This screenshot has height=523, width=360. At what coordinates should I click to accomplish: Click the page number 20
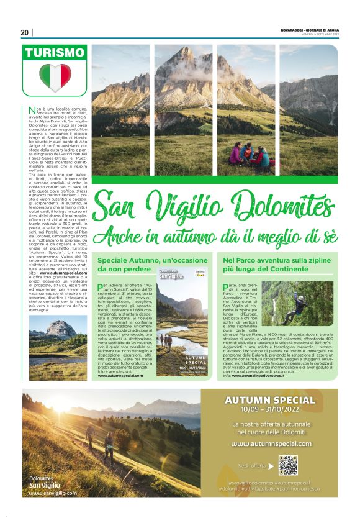(x=25, y=32)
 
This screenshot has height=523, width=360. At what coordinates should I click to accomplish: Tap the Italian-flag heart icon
(x=55, y=78)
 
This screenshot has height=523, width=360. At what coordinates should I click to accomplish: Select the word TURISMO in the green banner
(x=55, y=53)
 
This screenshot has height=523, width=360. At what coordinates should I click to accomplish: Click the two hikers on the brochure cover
(x=164, y=338)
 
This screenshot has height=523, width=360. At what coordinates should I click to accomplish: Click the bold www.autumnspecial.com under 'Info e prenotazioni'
(x=124, y=376)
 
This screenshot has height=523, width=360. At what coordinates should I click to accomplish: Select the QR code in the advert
(x=288, y=465)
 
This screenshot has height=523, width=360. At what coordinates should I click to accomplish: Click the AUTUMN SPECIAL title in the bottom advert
(x=271, y=400)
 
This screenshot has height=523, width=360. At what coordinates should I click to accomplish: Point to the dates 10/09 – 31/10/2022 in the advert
(x=271, y=411)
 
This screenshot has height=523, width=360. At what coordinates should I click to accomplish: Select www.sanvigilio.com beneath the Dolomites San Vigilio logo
(x=53, y=493)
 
